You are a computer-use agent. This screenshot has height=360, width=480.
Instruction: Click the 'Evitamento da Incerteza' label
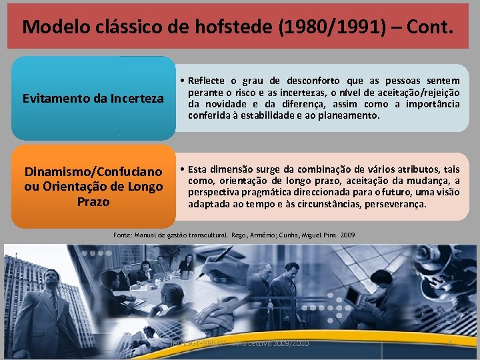(x=93, y=99)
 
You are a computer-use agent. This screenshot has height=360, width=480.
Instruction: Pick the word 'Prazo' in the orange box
(x=93, y=201)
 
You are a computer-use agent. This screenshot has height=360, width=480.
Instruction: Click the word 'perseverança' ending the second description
(x=395, y=203)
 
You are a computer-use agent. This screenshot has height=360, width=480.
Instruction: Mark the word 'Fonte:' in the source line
(x=125, y=235)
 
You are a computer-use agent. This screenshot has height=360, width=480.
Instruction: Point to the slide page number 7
(x=449, y=343)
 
